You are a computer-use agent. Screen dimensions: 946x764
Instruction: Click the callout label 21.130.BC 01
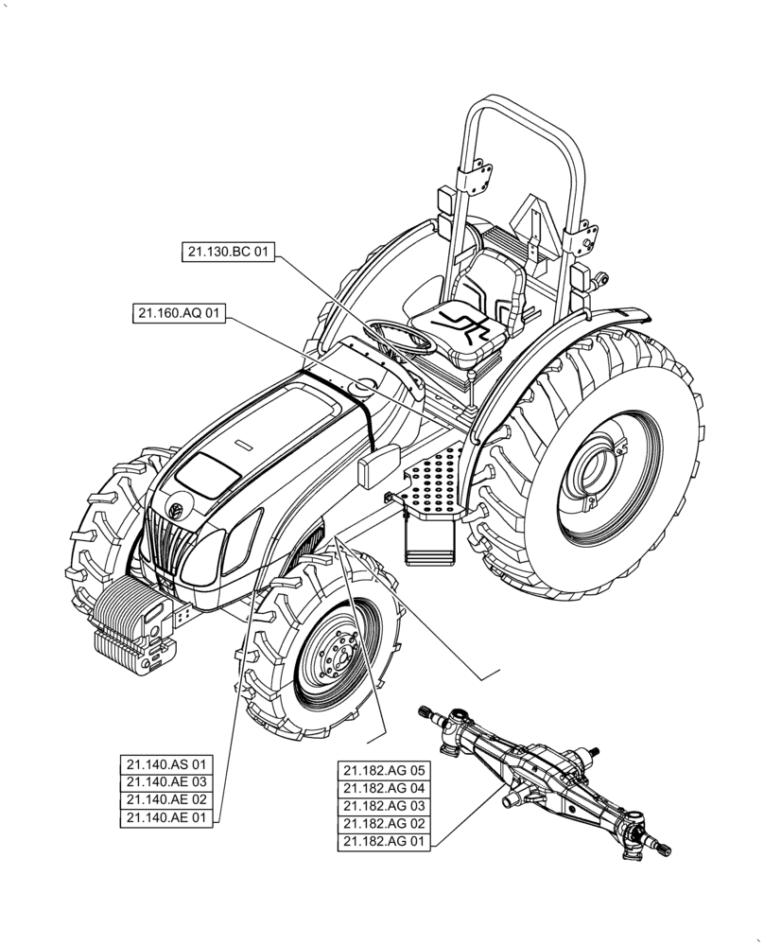coord(229,252)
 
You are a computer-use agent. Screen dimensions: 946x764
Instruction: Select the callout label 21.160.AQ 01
coord(180,314)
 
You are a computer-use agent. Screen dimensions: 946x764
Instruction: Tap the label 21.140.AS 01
coord(166,764)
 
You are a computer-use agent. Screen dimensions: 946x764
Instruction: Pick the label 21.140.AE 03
coord(166,782)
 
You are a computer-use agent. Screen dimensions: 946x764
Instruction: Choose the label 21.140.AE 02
coord(166,800)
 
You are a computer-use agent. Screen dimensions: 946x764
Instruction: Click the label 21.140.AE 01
coord(166,818)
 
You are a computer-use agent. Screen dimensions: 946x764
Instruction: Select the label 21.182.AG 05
coord(385,770)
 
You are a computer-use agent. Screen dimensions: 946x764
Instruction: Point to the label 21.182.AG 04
coord(385,788)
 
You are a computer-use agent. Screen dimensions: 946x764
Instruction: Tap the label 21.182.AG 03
coord(385,806)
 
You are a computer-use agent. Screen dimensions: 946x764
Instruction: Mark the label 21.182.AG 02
coord(385,824)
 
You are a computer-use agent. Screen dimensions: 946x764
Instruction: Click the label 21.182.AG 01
coord(385,842)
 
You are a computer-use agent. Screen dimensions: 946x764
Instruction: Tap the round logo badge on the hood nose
coord(175,511)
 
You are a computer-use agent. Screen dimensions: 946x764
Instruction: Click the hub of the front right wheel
coord(339,653)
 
